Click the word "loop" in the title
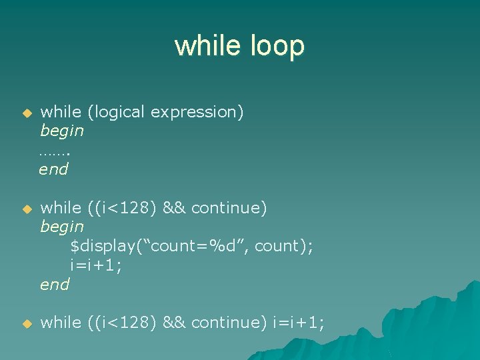pyautogui.click(x=275, y=46)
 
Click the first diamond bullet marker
pyautogui.click(x=27, y=113)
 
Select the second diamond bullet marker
pyautogui.click(x=27, y=209)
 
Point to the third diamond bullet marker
pyautogui.click(x=27, y=324)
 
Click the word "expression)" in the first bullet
pyautogui.click(x=197, y=112)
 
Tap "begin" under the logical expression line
pyautogui.click(x=62, y=131)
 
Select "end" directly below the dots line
pyautogui.click(x=54, y=169)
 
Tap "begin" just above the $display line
pyautogui.click(x=62, y=227)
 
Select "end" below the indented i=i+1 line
pyautogui.click(x=54, y=285)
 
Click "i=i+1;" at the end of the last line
pyautogui.click(x=299, y=323)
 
